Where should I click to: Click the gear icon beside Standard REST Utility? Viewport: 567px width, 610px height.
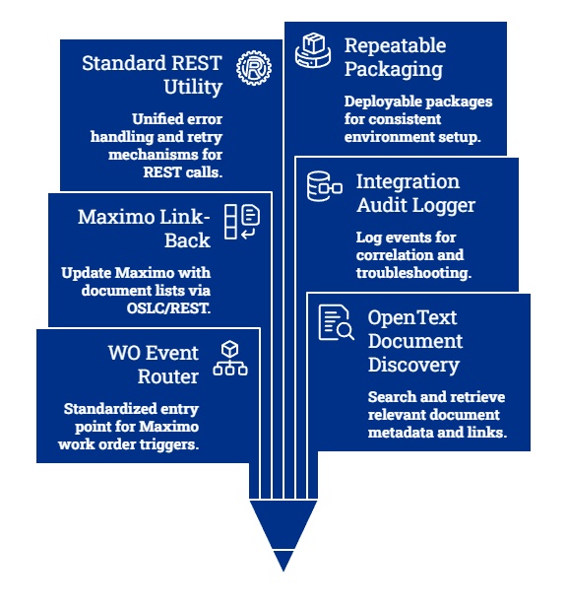254,68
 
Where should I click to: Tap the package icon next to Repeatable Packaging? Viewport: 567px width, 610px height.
313,50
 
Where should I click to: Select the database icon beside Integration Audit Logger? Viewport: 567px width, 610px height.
325,186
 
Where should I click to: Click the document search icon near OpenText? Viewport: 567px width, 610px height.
336,322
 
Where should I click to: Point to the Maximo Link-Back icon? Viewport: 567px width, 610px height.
242,222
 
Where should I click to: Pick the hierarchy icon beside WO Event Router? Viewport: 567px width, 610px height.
230,358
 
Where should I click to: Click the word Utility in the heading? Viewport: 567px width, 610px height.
193,87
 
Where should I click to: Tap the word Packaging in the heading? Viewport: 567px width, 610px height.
394,70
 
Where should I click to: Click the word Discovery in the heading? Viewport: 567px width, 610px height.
413,366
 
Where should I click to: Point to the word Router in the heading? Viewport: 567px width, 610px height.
168,376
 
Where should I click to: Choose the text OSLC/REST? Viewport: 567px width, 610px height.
168,308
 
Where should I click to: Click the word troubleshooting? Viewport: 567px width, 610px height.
413,273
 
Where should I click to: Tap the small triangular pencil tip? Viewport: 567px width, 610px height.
283,560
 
